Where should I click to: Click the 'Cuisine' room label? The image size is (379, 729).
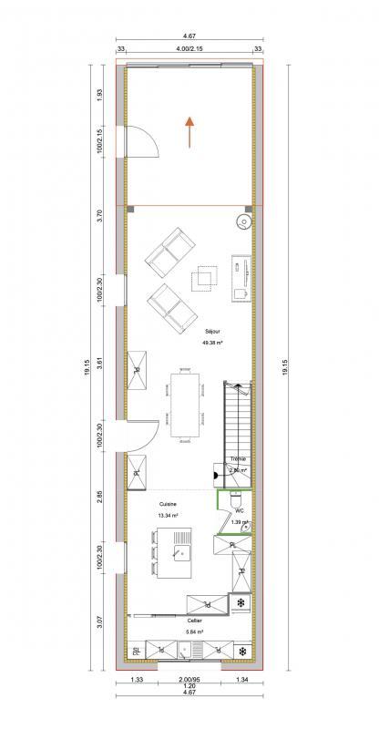tap(168, 504)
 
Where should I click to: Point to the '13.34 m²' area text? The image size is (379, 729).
tap(168, 515)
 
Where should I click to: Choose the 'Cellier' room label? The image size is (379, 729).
tap(194, 619)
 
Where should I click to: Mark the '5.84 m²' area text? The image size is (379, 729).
tap(194, 631)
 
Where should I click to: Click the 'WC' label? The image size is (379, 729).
tap(239, 511)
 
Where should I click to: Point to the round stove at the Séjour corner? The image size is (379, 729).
tap(244, 220)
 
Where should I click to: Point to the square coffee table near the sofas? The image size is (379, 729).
tap(204, 278)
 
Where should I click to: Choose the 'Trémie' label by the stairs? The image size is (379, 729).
tap(239, 458)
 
